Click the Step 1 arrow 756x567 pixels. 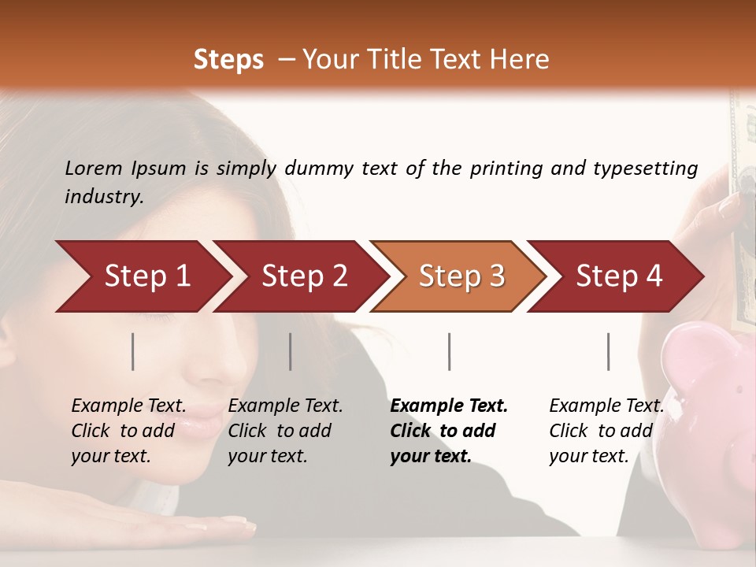(x=142, y=276)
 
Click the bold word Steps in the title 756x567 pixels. (x=228, y=60)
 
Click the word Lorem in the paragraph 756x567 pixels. (x=93, y=169)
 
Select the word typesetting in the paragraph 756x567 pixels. (x=645, y=169)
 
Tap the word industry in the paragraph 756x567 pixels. (x=103, y=197)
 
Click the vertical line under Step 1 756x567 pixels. (x=133, y=351)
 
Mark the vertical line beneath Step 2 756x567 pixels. (x=291, y=351)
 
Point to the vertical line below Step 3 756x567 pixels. (x=450, y=351)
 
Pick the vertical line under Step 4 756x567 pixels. (x=609, y=351)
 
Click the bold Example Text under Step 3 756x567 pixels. (x=449, y=406)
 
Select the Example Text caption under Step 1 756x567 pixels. (x=128, y=406)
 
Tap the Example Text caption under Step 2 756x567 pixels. (x=285, y=406)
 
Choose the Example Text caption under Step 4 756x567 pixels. (x=606, y=406)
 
